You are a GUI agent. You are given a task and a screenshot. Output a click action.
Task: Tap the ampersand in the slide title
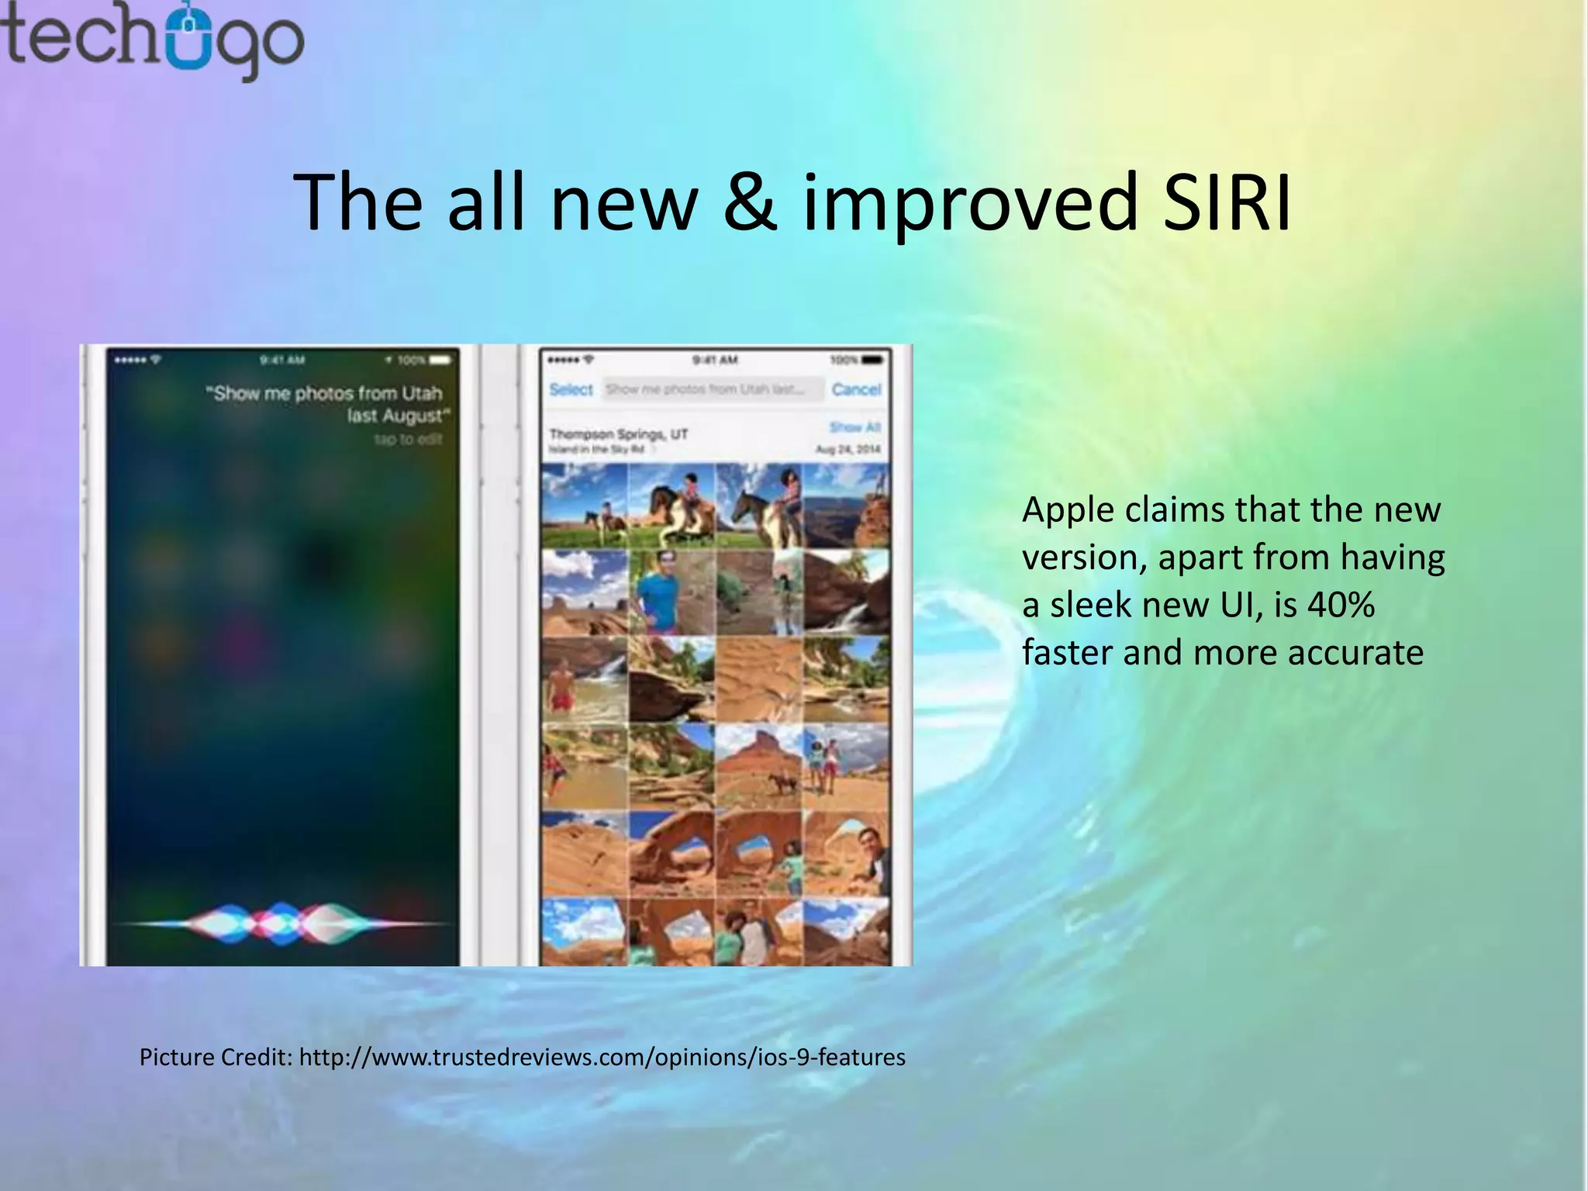[749, 202]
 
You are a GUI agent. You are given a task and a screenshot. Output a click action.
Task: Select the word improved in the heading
[969, 202]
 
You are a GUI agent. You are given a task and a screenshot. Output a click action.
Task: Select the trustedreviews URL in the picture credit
[602, 1057]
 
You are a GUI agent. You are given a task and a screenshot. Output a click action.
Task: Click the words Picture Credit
[214, 1057]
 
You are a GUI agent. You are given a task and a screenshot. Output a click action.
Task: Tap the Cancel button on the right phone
[856, 389]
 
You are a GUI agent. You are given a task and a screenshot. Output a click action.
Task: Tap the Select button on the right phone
[571, 389]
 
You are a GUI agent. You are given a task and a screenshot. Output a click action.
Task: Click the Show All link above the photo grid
[854, 427]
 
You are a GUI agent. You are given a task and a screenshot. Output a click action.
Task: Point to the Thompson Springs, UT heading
[618, 434]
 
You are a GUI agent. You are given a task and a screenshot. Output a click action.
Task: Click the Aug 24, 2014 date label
[848, 450]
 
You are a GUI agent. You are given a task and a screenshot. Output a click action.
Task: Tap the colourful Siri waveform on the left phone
[283, 923]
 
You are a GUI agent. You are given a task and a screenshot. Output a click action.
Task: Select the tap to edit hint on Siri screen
[408, 440]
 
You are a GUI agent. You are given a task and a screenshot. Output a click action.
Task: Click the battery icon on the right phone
[872, 361]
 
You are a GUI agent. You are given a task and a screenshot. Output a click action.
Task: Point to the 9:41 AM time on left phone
[282, 360]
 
